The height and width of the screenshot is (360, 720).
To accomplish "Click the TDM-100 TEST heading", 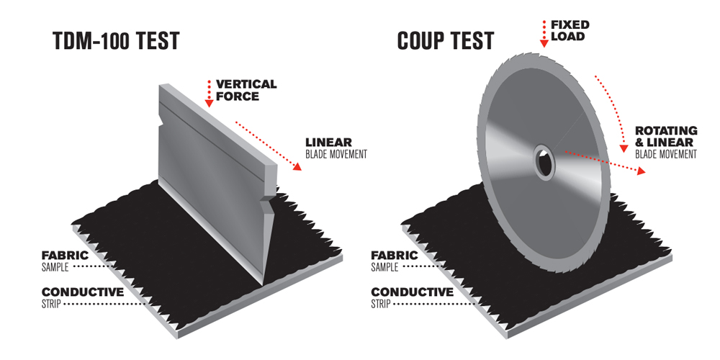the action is pos(116,41).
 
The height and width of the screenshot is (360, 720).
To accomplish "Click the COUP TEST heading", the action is pos(446,41).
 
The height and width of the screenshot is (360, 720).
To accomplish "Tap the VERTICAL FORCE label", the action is pos(246,91).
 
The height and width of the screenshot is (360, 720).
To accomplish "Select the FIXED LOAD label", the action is pos(570,30).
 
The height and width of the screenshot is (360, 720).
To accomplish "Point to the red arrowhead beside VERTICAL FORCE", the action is pos(209,103).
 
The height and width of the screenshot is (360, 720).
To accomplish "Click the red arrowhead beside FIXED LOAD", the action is pos(544,44).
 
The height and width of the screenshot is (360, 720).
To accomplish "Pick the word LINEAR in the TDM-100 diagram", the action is pos(329,143).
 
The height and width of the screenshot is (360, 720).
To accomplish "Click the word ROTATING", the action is pos(666,131).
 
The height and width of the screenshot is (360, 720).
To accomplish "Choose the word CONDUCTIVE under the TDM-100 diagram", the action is pos(83,292).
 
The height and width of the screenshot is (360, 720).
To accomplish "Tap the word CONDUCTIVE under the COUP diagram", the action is pos(412,292).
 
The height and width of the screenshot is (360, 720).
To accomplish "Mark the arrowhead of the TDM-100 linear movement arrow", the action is pos(297,166).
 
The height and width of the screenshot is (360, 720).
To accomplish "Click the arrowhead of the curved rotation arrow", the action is pos(624,148).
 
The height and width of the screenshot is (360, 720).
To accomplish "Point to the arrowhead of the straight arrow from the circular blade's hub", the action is pos(641,171).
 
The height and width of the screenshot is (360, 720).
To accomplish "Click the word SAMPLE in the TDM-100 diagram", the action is pos(55,267).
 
